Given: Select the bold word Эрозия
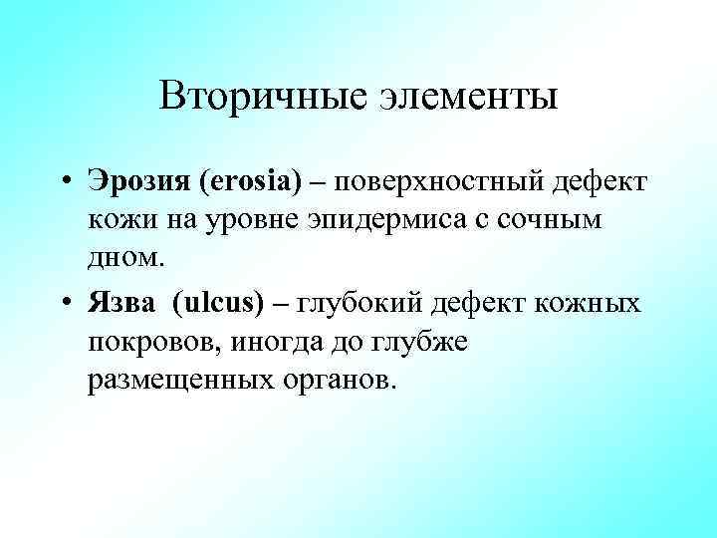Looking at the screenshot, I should [x=139, y=183].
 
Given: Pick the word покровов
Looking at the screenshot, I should [x=152, y=341].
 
